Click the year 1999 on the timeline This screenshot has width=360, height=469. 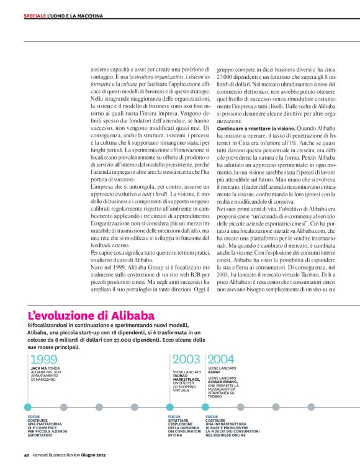pos(43,360)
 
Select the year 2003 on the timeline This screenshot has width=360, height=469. pos(186,360)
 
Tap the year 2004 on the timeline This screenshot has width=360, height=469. pos(221,360)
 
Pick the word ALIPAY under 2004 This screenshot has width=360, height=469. pos(215,372)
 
